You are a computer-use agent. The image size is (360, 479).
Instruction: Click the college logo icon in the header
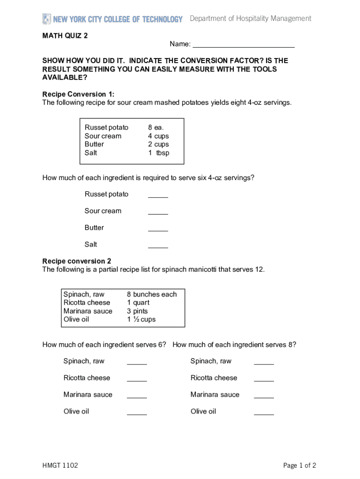[x=46, y=19]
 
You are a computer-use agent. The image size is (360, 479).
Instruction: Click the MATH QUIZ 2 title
[x=65, y=36]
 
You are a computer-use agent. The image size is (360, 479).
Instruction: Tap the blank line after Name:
[x=244, y=45]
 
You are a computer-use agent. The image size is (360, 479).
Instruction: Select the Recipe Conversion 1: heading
[x=78, y=94]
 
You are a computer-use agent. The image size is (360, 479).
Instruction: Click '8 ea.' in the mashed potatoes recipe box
[x=156, y=128]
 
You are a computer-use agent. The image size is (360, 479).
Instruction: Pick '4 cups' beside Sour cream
[x=158, y=136]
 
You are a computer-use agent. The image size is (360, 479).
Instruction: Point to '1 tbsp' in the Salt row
[x=158, y=153]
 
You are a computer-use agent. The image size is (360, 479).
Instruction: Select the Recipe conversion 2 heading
[x=77, y=261]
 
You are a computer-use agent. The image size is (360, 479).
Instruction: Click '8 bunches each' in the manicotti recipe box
[x=152, y=294]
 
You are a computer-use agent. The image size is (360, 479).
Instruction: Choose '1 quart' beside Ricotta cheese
[x=138, y=303]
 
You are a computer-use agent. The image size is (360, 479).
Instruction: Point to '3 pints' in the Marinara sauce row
[x=137, y=311]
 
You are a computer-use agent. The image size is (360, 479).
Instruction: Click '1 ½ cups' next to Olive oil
[x=141, y=319]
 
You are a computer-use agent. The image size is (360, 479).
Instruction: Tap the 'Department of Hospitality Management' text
[x=250, y=19]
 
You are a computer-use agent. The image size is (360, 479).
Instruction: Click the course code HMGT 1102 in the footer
[x=60, y=465]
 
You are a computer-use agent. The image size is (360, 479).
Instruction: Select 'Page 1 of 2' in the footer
[x=300, y=465]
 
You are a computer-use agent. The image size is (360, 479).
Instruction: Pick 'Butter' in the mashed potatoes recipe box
[x=94, y=145]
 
